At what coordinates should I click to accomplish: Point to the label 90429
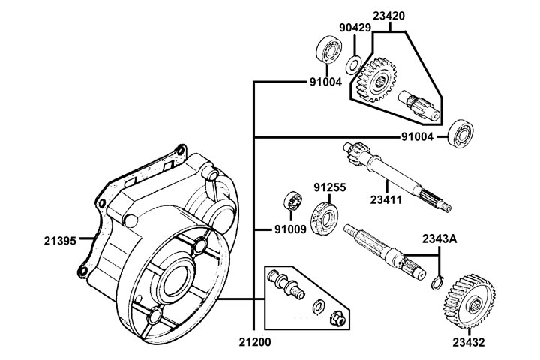coord(354,28)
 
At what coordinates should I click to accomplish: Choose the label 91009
coord(289,229)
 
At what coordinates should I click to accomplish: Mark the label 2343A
coord(438,238)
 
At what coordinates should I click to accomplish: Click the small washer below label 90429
coord(355,59)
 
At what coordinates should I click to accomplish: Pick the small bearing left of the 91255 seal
coord(291,202)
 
